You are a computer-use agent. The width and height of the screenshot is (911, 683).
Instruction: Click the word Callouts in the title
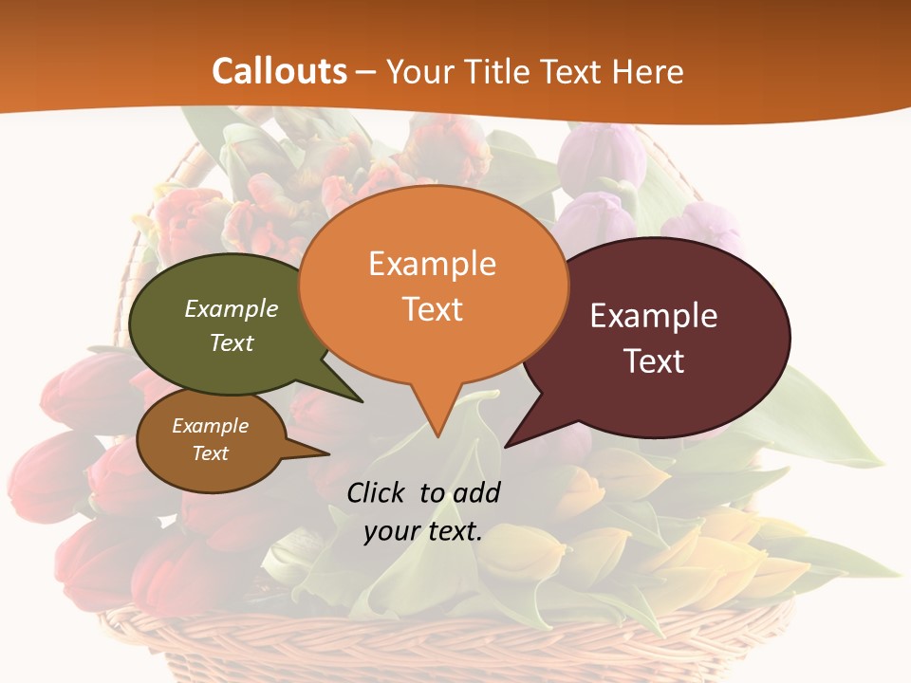(279, 71)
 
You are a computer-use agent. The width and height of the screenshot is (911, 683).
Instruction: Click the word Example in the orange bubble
(432, 264)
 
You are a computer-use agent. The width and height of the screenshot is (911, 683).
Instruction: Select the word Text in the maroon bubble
(654, 361)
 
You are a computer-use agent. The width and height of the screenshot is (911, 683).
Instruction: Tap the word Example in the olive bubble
(232, 308)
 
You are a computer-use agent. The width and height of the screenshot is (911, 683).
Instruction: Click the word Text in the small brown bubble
(211, 453)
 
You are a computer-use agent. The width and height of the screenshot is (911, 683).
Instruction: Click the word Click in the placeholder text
(377, 492)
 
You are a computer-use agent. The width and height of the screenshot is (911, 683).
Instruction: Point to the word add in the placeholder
(476, 492)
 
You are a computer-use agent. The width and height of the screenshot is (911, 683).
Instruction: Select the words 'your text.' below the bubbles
(423, 531)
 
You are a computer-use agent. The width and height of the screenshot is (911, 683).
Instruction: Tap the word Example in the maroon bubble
(654, 316)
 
